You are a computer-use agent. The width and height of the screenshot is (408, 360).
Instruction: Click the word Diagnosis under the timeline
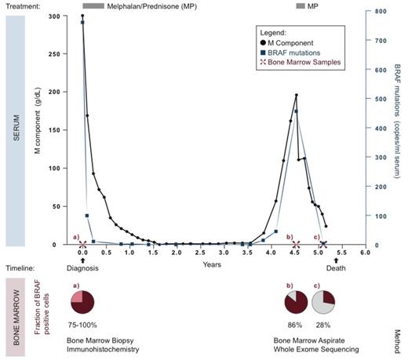coord(82,265)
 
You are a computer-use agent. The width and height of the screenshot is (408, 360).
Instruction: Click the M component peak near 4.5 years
coord(296,96)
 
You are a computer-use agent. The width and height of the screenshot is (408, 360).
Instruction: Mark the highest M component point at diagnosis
coord(82,16)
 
